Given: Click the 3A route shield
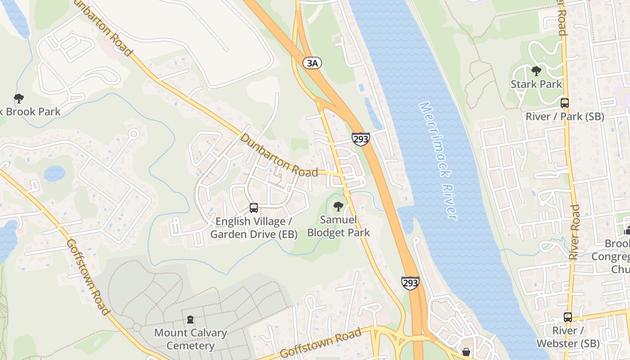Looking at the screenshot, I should click(312, 63).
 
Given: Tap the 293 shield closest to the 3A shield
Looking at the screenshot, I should click(361, 139).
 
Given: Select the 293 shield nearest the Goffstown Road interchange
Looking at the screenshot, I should click(410, 283).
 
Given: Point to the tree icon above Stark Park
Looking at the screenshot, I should click(536, 71).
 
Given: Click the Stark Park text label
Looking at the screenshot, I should click(536, 84).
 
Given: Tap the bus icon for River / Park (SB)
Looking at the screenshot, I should click(565, 103).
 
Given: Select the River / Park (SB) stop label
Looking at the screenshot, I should click(565, 117).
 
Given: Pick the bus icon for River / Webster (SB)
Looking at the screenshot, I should click(568, 317).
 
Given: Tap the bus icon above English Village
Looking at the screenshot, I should click(254, 207).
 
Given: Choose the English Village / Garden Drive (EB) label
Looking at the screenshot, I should click(254, 228).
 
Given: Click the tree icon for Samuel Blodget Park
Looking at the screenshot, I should click(338, 207).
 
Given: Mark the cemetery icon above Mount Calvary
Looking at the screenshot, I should click(191, 319).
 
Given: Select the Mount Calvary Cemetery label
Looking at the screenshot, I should click(191, 339).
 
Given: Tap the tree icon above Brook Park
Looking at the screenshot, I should click(18, 98).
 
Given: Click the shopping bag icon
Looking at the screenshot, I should click(466, 351).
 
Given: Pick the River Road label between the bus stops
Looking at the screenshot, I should click(574, 232).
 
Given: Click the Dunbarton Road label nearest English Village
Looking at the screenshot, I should click(279, 155).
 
